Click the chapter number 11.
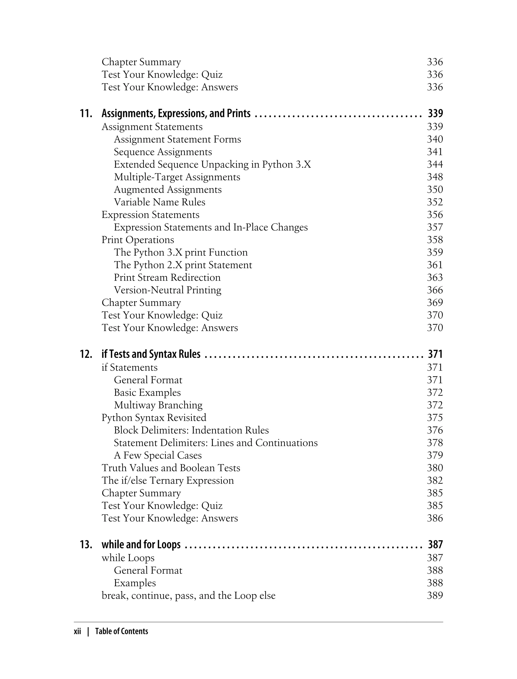[x=86, y=114]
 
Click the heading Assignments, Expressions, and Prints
[x=176, y=114]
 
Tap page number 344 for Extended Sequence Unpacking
[x=434, y=164]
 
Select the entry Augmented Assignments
[x=167, y=190]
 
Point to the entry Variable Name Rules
[x=159, y=202]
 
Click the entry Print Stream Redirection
[x=167, y=277]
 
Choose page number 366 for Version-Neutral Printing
[x=434, y=290]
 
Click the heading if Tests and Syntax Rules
[x=151, y=354]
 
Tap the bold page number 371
[x=435, y=354]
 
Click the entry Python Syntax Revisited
[x=154, y=418]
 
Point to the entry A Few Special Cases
[x=158, y=455]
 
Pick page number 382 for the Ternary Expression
[x=434, y=481]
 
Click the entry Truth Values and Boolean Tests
[x=171, y=468]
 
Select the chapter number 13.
[x=86, y=545]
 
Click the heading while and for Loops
[x=141, y=545]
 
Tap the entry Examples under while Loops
[x=135, y=583]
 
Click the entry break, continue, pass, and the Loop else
[x=188, y=596]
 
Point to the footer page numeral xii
[x=77, y=632]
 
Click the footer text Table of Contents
[x=122, y=632]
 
